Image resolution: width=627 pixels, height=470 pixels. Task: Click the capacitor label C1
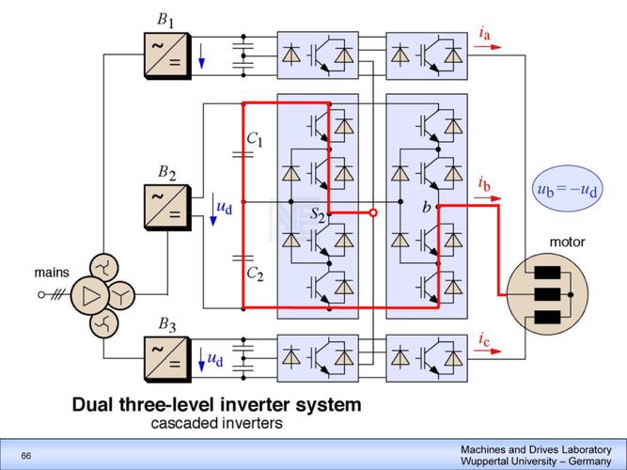point(255,140)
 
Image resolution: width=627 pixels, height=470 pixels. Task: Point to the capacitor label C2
point(255,274)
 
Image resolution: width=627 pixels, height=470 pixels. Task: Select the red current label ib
point(483,182)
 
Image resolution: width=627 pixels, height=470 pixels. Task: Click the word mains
point(52,274)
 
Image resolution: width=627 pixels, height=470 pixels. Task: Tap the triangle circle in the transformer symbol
point(91,297)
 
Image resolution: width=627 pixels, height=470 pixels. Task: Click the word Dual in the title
point(94,406)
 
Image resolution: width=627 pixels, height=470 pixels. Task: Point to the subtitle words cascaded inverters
point(216,424)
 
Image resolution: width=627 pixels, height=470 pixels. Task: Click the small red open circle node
point(373,213)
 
